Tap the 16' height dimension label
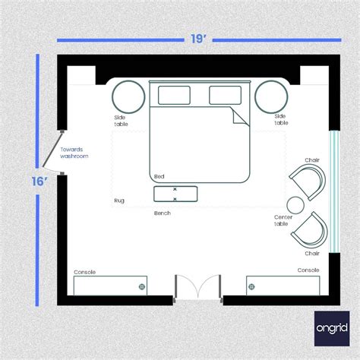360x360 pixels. pyautogui.click(x=40, y=182)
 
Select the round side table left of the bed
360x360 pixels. pyautogui.click(x=130, y=96)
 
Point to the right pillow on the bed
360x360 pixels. pyautogui.click(x=224, y=95)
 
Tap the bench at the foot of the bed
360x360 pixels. pyautogui.click(x=175, y=194)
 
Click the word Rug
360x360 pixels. pyautogui.click(x=119, y=201)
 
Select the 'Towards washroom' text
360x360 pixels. pyautogui.click(x=74, y=153)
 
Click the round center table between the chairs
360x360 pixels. pyautogui.click(x=294, y=204)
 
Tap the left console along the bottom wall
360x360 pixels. pyautogui.click(x=110, y=286)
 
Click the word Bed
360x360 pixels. pyautogui.click(x=159, y=177)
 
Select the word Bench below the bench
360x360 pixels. pyautogui.click(x=162, y=213)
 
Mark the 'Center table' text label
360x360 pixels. pyautogui.click(x=284, y=220)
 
